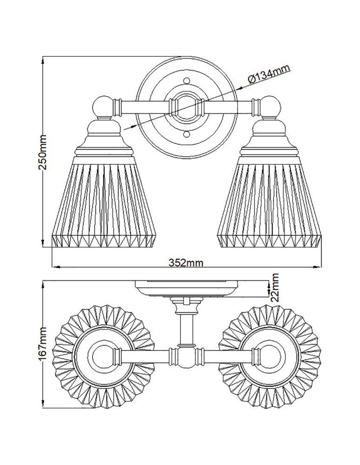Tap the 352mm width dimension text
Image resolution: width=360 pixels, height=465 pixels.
point(186,263)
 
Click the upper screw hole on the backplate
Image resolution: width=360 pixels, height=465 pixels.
point(187,78)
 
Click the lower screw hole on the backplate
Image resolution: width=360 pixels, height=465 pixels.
point(187,134)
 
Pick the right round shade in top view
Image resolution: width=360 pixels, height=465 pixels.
point(272,356)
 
